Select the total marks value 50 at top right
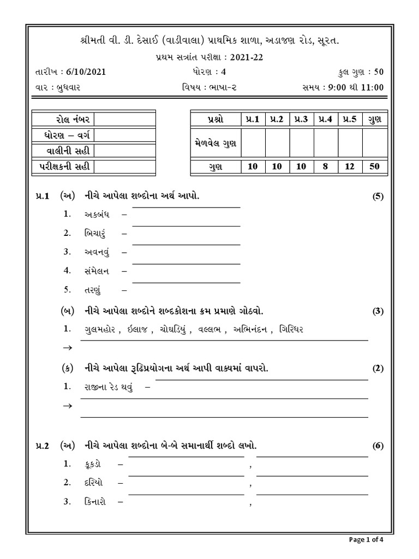[x=377, y=72]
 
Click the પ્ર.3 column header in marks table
[x=301, y=119]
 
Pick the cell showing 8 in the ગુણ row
[x=325, y=167]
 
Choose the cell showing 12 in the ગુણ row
[x=350, y=167]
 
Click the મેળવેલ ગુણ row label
[x=215, y=143]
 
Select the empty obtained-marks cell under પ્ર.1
[x=253, y=143]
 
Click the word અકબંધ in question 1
[x=97, y=215]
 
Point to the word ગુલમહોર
[x=101, y=329]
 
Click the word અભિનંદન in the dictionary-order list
[x=252, y=329]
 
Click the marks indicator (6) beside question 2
[x=378, y=446]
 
